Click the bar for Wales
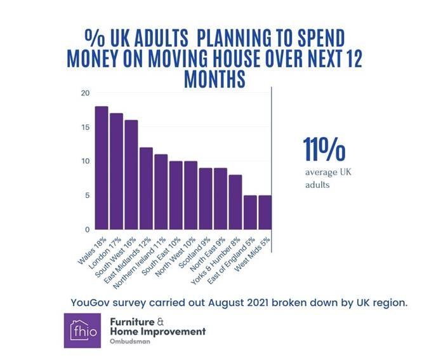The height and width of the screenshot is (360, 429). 102,168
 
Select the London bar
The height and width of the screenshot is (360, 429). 116,171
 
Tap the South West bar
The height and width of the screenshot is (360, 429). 131,175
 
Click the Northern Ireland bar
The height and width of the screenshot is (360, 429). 161,192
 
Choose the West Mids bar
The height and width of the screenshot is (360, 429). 265,212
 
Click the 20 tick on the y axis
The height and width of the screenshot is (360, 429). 85,93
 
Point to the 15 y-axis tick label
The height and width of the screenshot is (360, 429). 85,128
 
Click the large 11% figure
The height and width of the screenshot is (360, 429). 324,150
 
